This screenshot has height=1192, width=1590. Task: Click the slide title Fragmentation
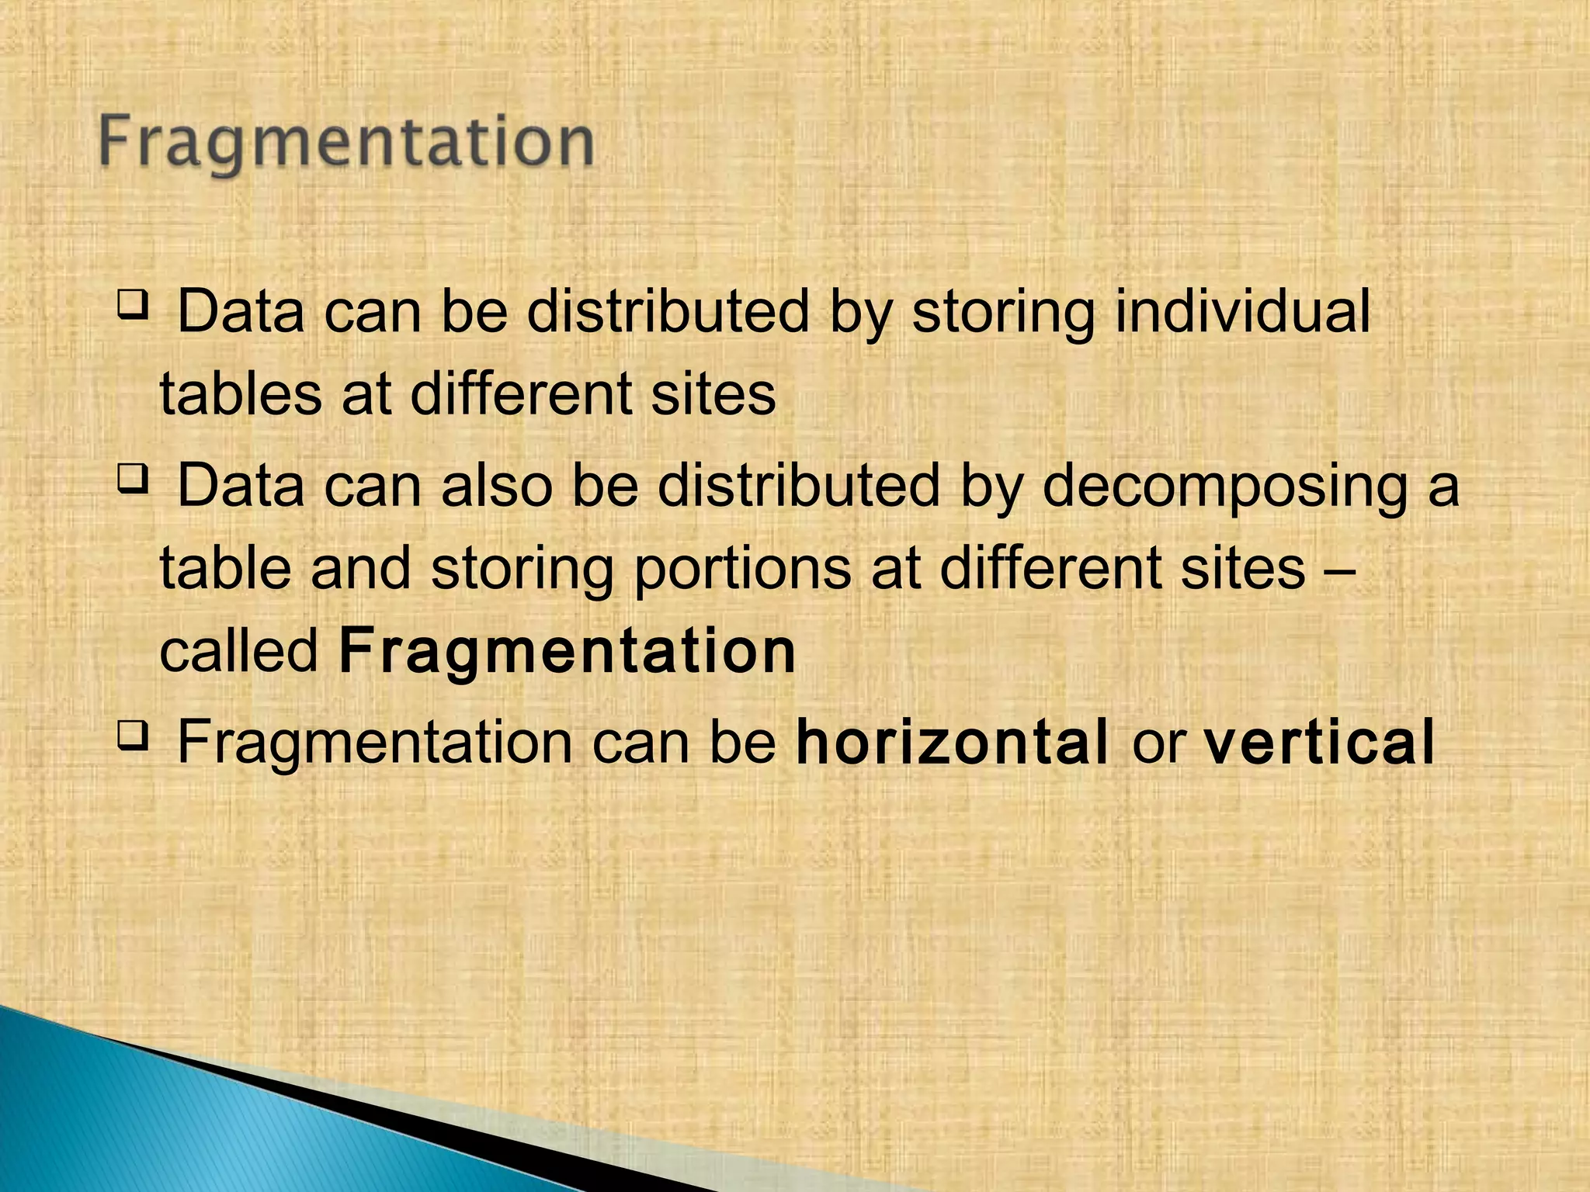pos(346,144)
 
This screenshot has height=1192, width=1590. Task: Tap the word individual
pos(1242,312)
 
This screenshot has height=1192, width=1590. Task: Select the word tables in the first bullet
pos(241,394)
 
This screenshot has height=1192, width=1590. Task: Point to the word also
pos(496,486)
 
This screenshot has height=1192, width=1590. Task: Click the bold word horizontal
pos(953,743)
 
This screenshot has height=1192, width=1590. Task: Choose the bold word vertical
pos(1318,743)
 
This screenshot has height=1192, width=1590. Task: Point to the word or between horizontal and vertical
pos(1157,745)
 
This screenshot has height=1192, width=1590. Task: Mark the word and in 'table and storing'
pos(360,568)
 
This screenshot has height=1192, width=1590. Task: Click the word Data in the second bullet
pos(241,486)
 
